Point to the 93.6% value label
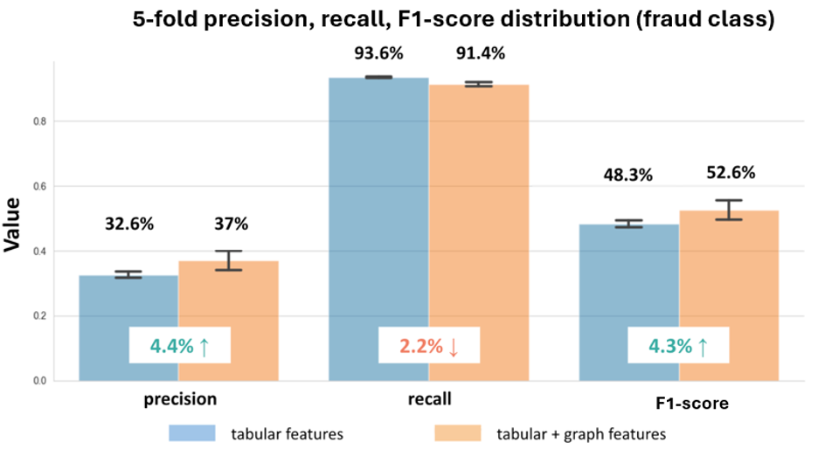point(378,53)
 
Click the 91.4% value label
point(480,53)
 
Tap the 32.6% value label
point(128,224)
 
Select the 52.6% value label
point(730,173)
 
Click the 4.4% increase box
point(179,346)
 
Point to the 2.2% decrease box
point(429,346)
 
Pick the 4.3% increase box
point(679,346)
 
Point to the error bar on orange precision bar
point(228,260)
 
